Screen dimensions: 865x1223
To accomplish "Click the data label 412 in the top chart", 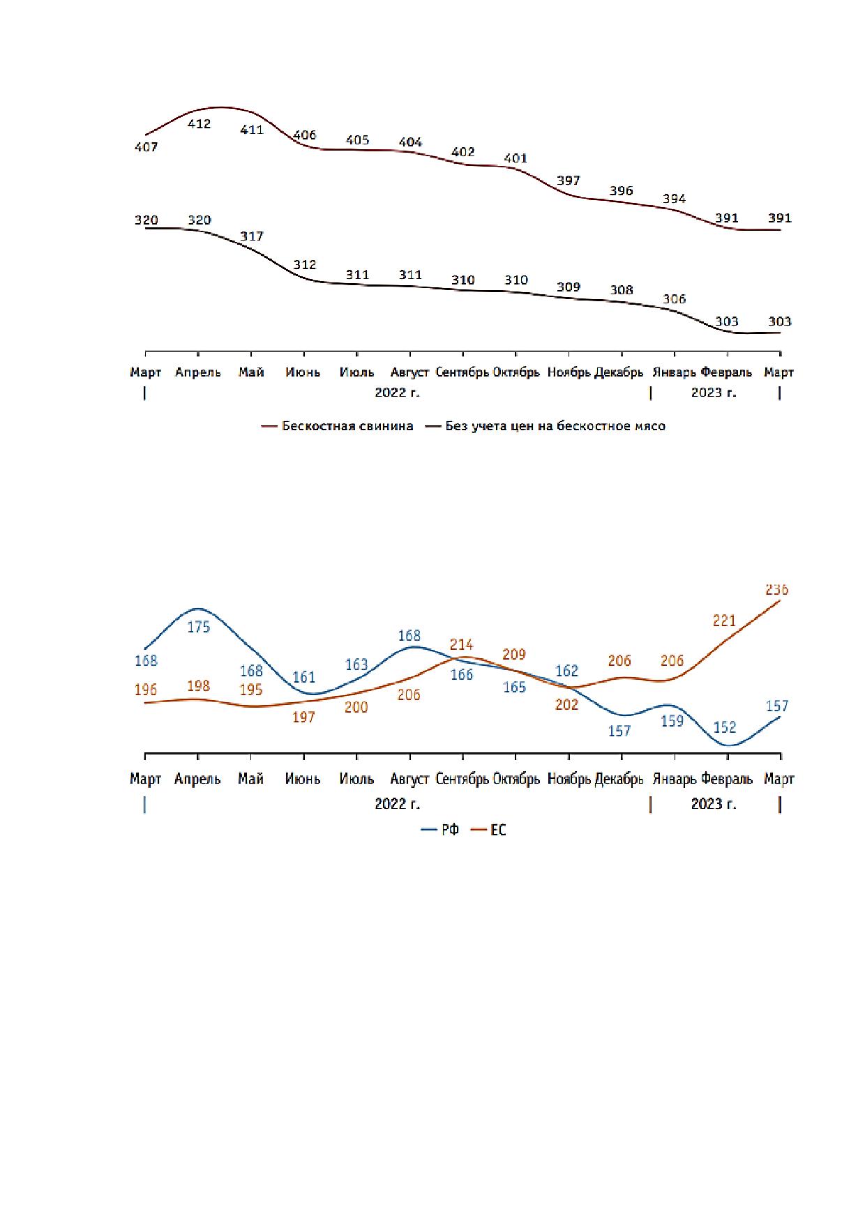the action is [200, 124].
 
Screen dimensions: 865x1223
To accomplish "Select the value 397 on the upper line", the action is [569, 181].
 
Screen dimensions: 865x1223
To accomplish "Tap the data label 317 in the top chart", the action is [252, 236].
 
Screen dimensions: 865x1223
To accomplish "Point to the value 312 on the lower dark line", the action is [305, 265].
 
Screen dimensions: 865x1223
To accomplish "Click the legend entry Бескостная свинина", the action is [338, 426].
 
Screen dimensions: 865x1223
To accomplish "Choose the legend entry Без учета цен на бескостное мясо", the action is [546, 426].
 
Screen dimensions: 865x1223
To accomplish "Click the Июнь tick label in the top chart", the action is [303, 372].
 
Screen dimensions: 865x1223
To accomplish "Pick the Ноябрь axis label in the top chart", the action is [569, 372].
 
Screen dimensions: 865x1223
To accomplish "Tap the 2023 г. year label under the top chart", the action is [714, 393].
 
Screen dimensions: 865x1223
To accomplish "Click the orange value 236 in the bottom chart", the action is [776, 590].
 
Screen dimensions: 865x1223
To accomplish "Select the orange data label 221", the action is [725, 621].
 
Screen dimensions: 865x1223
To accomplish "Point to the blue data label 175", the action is [199, 627].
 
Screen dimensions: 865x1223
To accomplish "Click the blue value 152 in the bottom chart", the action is [725, 727].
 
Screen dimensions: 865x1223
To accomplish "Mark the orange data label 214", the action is [462, 645].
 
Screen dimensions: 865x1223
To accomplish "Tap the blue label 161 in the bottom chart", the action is [304, 677].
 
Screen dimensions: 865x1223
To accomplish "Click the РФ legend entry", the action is [440, 830].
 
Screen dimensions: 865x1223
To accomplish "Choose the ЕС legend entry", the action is [489, 830].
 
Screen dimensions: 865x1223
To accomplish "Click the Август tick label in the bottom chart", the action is [410, 779].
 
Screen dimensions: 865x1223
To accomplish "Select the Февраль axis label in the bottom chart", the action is [727, 779].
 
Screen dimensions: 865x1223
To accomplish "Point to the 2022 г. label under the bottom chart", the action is [398, 804].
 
